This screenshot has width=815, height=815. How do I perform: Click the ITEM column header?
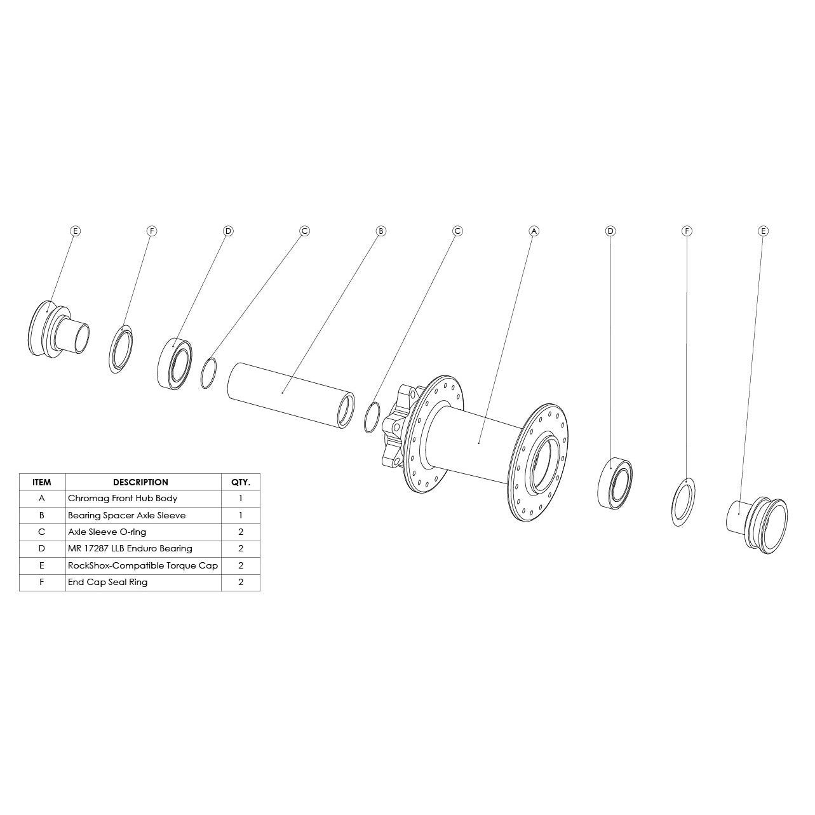point(42,482)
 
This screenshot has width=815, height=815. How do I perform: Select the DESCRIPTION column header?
point(140,482)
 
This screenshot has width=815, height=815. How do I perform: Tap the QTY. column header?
point(240,482)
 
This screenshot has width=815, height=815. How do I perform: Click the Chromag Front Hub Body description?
point(123,499)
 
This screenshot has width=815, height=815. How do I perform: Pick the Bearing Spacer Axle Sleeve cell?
point(126,515)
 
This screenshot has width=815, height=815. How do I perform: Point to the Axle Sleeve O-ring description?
point(107,532)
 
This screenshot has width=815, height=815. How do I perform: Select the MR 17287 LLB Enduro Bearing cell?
point(130,548)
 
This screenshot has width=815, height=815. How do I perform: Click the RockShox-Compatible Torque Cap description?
point(142,565)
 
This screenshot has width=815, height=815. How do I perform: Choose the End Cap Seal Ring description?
point(107,582)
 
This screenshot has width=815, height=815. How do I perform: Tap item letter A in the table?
point(42,499)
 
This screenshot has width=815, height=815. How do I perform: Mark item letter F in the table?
point(42,582)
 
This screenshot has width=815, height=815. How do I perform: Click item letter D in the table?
point(42,548)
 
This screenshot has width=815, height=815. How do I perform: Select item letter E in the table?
point(42,565)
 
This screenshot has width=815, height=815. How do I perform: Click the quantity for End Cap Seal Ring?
point(240,582)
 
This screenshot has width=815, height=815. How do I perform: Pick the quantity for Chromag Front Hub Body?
point(240,499)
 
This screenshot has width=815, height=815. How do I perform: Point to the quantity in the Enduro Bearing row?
point(240,548)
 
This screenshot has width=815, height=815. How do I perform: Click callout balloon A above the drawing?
point(534,231)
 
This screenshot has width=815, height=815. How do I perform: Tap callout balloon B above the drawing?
point(381,231)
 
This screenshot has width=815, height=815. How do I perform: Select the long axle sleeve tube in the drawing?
point(286,394)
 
